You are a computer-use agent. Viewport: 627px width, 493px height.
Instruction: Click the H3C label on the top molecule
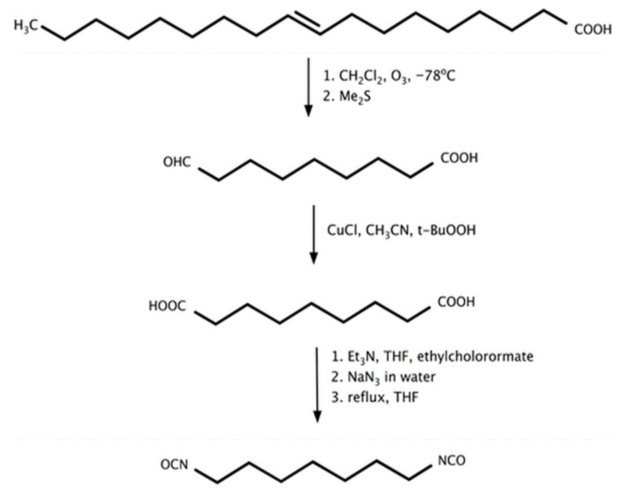26,26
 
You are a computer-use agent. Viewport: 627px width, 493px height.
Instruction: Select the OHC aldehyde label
177,162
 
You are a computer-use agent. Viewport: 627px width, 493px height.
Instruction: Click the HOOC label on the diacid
167,306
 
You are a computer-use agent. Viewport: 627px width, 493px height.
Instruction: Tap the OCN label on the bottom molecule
174,465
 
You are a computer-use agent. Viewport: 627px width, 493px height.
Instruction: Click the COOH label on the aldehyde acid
459,158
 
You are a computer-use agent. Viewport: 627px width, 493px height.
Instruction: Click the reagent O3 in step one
399,77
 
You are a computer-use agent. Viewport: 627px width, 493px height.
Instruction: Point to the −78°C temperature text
435,76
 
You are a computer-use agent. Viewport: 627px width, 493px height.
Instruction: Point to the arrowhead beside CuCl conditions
314,257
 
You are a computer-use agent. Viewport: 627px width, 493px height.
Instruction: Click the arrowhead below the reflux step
317,416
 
